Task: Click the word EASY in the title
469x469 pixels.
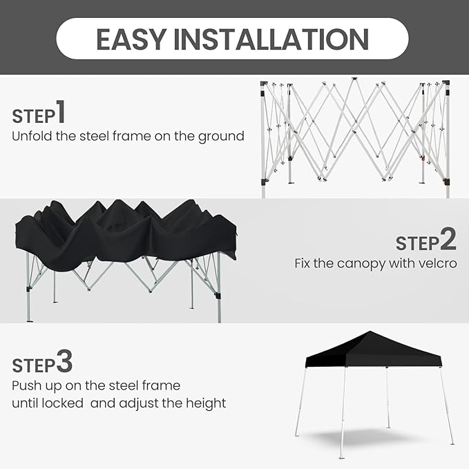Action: click(131, 39)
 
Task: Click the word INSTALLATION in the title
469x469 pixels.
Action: click(271, 39)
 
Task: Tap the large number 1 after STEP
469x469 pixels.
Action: click(61, 112)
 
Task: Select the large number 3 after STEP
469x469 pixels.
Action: click(64, 361)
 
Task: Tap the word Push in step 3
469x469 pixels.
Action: click(26, 385)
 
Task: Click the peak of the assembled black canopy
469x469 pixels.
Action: click(370, 332)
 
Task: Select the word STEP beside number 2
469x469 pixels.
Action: click(417, 243)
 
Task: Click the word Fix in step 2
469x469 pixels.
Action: click(303, 264)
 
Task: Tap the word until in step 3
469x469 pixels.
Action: click(25, 403)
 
